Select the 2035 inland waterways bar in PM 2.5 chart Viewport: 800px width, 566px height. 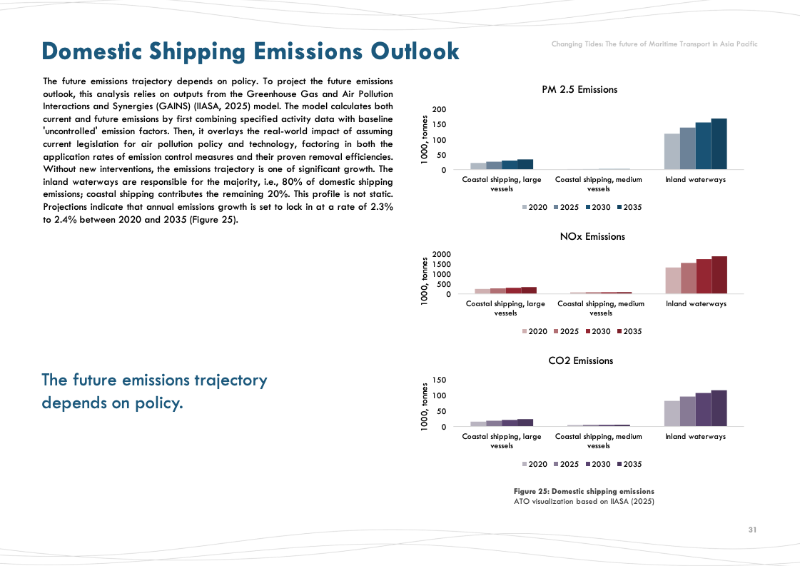pyautogui.click(x=719, y=144)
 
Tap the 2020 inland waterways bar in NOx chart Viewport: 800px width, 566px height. pyautogui.click(x=673, y=281)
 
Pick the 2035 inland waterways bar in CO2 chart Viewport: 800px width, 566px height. pyautogui.click(x=719, y=408)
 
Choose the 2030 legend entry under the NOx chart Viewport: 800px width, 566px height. pyautogui.click(x=596, y=331)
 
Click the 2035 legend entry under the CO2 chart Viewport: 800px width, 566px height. pyautogui.click(x=628, y=464)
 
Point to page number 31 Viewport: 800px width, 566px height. pyautogui.click(x=752, y=530)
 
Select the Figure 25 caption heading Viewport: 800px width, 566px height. pyautogui.click(x=584, y=491)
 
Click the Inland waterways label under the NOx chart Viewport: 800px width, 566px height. pyautogui.click(x=696, y=303)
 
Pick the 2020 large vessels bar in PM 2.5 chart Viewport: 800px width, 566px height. pyautogui.click(x=478, y=166)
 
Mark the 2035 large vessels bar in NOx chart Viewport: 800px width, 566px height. pyautogui.click(x=529, y=290)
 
